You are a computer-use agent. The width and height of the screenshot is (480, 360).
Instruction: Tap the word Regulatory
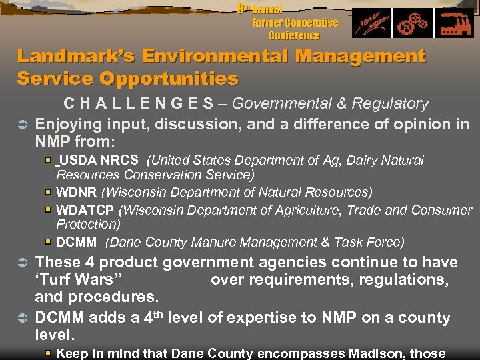(x=389, y=104)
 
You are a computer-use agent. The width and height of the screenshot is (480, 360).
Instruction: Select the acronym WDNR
(x=77, y=193)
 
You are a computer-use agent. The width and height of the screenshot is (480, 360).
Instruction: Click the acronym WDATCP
(x=85, y=210)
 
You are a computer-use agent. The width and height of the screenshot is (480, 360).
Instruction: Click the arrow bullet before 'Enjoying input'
(x=21, y=124)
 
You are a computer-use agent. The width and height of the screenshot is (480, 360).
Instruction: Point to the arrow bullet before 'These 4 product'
(x=21, y=263)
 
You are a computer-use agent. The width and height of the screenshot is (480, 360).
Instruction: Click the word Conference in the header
(x=294, y=35)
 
